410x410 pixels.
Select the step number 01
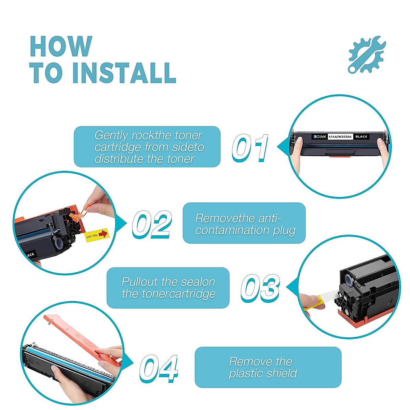(250, 148)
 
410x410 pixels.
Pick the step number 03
(260, 288)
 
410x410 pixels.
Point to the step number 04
(159, 368)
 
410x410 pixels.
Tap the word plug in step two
(284, 230)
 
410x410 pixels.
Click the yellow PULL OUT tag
(96, 235)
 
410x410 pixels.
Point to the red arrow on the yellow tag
(102, 234)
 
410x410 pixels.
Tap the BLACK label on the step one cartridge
(361, 137)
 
